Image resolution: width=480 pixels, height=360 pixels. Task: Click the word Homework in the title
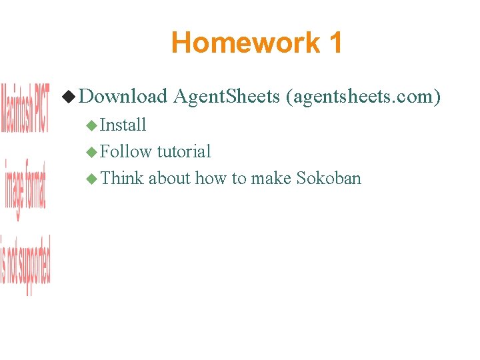click(x=245, y=43)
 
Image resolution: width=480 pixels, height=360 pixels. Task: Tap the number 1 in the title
click(x=335, y=43)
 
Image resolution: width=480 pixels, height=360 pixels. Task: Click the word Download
click(x=123, y=97)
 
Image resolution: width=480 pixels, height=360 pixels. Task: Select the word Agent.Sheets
click(x=226, y=97)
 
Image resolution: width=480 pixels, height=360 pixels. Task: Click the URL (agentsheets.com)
click(x=363, y=97)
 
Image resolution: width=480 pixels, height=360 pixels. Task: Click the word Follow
click(x=126, y=151)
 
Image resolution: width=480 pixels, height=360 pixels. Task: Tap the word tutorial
click(x=184, y=151)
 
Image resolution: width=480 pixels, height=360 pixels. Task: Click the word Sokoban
click(x=329, y=178)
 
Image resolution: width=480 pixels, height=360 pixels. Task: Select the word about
click(x=169, y=178)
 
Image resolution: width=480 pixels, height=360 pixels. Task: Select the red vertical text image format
click(x=25, y=190)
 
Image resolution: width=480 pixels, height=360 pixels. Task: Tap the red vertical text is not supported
click(x=25, y=265)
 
